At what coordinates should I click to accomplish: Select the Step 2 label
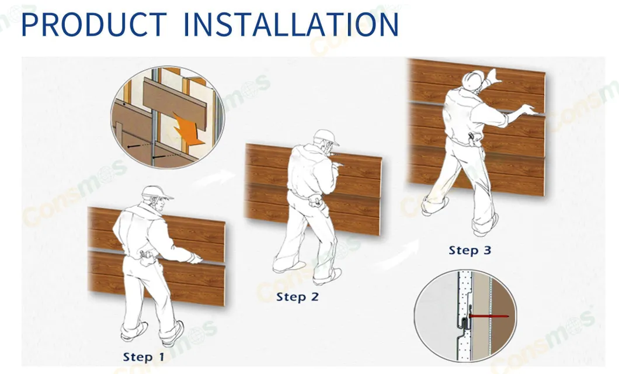tap(297, 297)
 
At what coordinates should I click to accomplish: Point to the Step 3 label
tap(470, 250)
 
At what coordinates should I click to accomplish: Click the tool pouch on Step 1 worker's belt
tap(146, 256)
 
